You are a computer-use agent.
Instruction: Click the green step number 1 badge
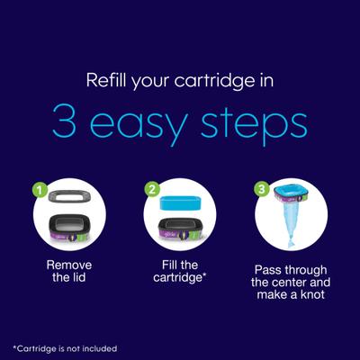pyautogui.click(x=40, y=190)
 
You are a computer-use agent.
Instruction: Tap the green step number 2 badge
pyautogui.click(x=152, y=189)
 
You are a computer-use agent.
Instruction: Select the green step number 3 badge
pyautogui.click(x=262, y=189)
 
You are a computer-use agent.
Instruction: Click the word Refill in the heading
pyautogui.click(x=106, y=80)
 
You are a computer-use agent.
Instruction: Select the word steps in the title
pyautogui.click(x=254, y=126)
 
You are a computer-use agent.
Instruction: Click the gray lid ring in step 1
pyautogui.click(x=69, y=196)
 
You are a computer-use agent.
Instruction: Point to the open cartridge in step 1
pyautogui.click(x=69, y=227)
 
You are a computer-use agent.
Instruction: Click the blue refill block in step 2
pyautogui.click(x=180, y=203)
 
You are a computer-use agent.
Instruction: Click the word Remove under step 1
pyautogui.click(x=69, y=265)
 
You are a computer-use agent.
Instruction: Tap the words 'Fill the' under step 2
pyautogui.click(x=180, y=265)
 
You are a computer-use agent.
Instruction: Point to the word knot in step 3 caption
pyautogui.click(x=310, y=294)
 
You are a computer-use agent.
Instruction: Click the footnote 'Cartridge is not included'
pyautogui.click(x=65, y=349)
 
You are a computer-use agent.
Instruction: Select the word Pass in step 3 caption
pyautogui.click(x=267, y=270)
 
